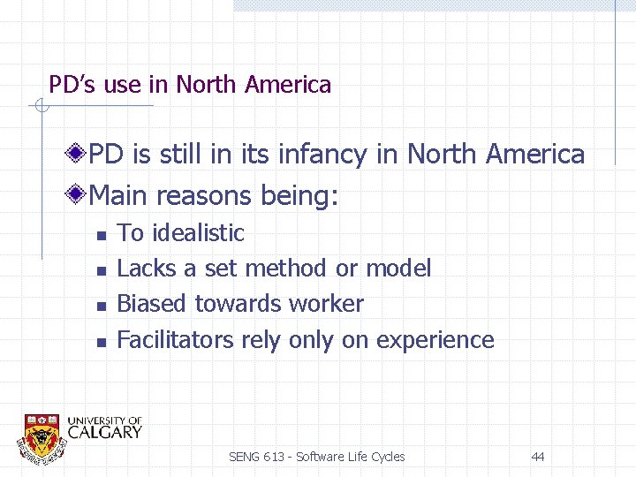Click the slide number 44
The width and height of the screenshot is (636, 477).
pyautogui.click(x=538, y=457)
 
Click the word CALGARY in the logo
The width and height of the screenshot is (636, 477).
pyautogui.click(x=104, y=432)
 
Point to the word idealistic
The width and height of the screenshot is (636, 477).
pyautogui.click(x=198, y=233)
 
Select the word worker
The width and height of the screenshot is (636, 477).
pyautogui.click(x=323, y=304)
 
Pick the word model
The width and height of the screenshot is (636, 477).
pyautogui.click(x=397, y=269)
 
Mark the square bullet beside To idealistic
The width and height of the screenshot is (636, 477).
pyautogui.click(x=102, y=235)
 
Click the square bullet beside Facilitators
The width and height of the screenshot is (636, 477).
pyautogui.click(x=102, y=341)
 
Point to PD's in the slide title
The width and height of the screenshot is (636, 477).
pyautogui.click(x=73, y=85)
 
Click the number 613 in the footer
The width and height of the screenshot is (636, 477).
pyautogui.click(x=273, y=457)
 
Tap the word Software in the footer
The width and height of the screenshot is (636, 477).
pyautogui.click(x=322, y=457)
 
